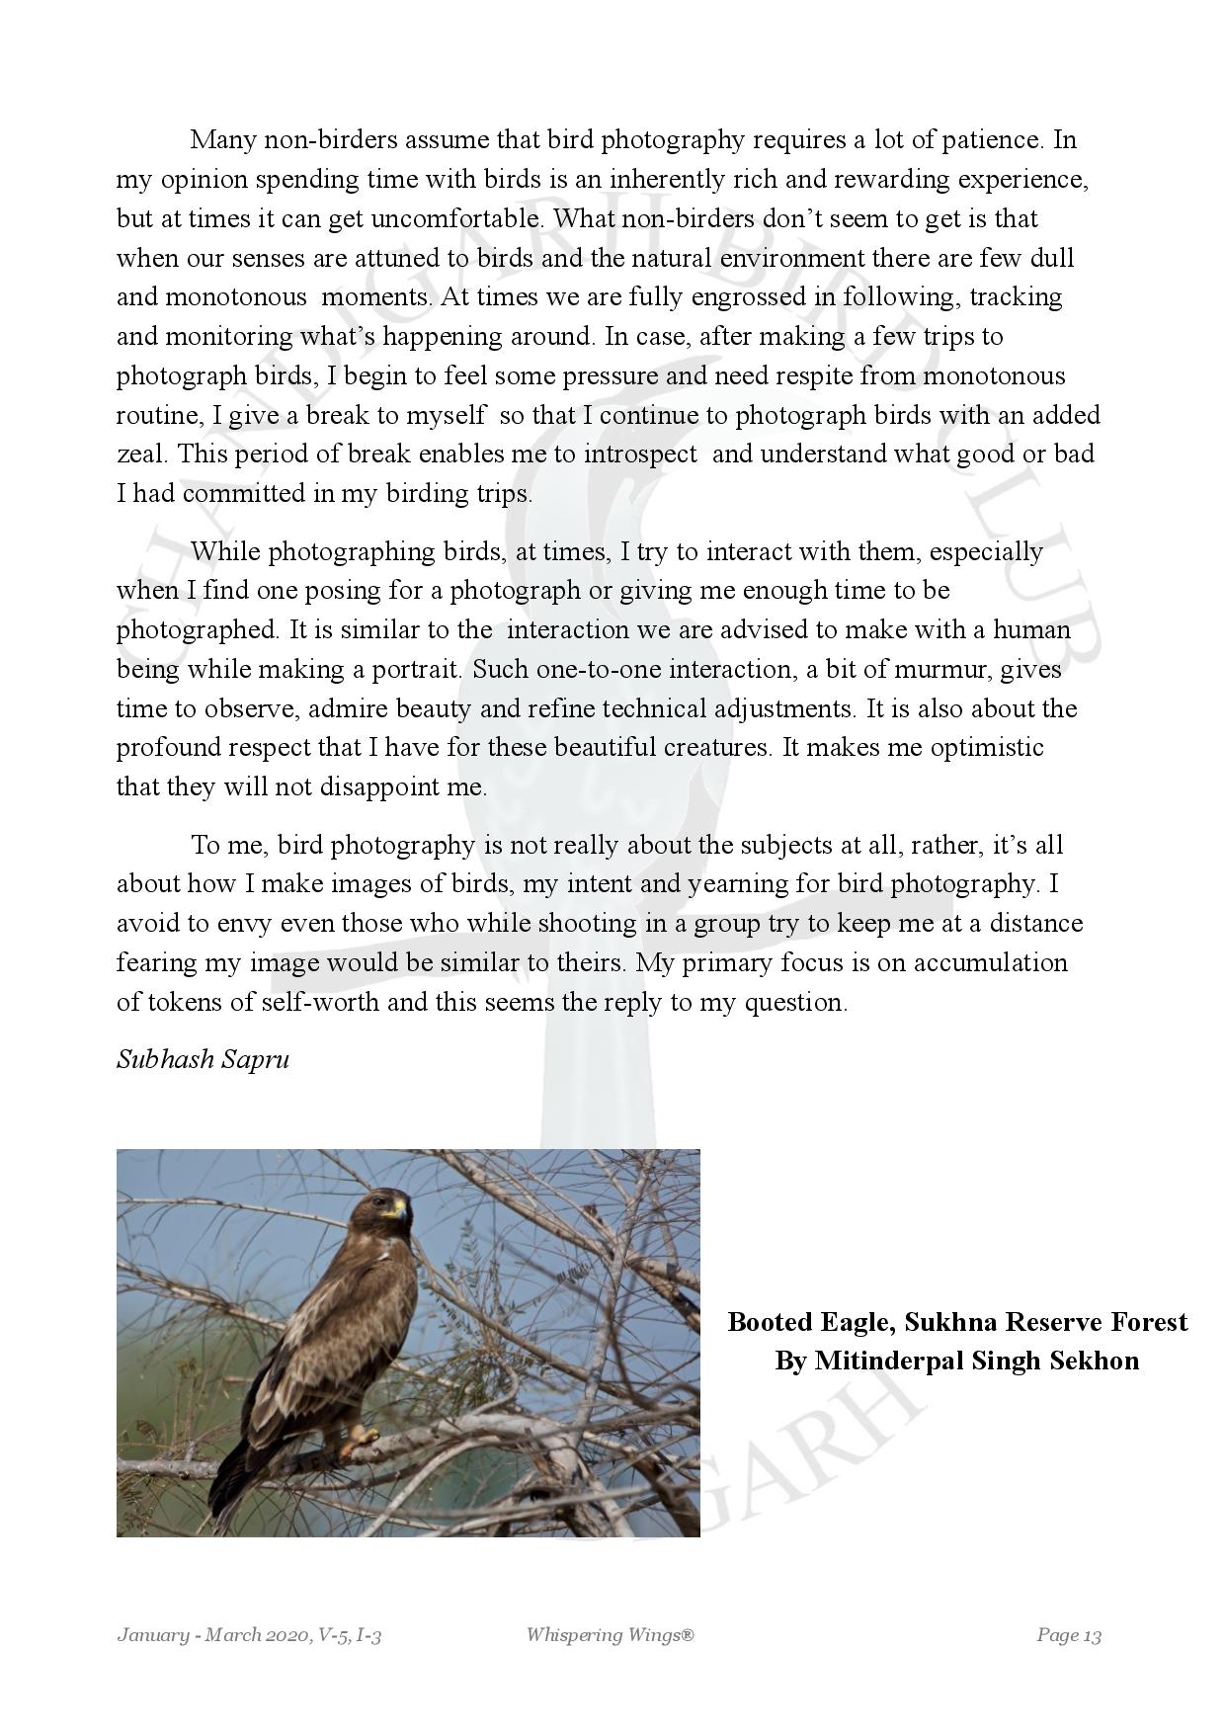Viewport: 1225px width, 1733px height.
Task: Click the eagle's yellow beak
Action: coord(399,1207)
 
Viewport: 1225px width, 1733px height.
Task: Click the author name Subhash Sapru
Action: coord(203,1060)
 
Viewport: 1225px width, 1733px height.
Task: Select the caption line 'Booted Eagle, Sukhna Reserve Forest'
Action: coord(956,1322)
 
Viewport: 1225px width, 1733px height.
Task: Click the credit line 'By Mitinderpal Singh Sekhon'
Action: coord(956,1361)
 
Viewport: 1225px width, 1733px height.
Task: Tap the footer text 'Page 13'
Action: coord(1068,1635)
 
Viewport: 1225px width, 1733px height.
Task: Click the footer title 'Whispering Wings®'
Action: coord(610,1635)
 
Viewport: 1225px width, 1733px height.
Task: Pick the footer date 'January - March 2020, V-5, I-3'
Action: coord(249,1635)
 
